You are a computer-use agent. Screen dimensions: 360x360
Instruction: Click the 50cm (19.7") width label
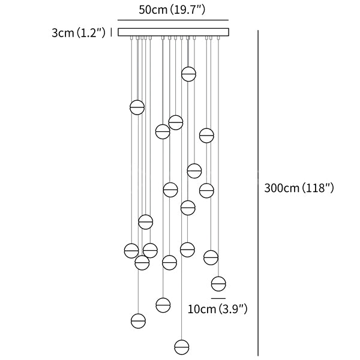coord(172,10)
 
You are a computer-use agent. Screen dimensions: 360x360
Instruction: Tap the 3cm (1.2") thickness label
coord(79,33)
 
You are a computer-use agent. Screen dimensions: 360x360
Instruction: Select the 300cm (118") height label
coord(299,188)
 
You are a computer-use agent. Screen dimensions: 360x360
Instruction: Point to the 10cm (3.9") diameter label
coord(217,309)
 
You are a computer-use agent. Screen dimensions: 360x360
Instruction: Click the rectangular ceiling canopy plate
coord(173,32)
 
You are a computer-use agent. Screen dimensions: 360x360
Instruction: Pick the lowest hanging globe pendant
coord(182,347)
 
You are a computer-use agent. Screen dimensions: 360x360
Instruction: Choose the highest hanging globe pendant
coord(189,74)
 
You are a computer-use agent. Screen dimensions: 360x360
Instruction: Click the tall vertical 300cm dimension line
coord(258,193)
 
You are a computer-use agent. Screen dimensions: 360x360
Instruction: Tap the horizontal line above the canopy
coord(173,20)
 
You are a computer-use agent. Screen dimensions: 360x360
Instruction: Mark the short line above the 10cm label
coord(218,298)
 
